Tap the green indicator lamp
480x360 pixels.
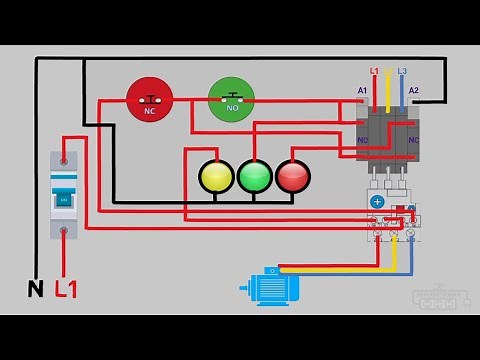pyautogui.click(x=254, y=177)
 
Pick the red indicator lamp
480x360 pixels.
pyautogui.click(x=292, y=177)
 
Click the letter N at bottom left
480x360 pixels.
pyautogui.click(x=34, y=289)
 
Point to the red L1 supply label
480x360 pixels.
pyautogui.click(x=67, y=289)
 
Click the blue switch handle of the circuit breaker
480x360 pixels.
pyautogui.click(x=64, y=198)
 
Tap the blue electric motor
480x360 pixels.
pyautogui.click(x=272, y=288)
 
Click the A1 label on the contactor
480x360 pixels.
pyautogui.click(x=363, y=91)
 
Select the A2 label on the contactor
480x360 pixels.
pyautogui.click(x=413, y=91)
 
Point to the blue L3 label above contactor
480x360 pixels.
pyautogui.click(x=402, y=72)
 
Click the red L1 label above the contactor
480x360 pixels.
pyautogui.click(x=374, y=72)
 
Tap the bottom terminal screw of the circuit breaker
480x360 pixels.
pyautogui.click(x=65, y=232)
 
